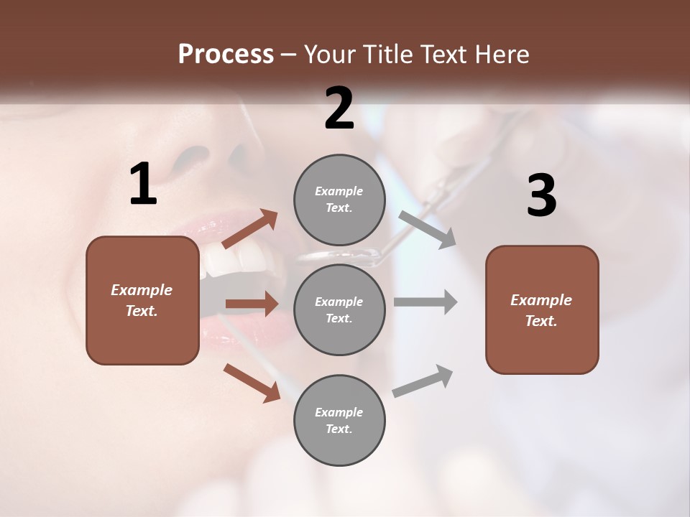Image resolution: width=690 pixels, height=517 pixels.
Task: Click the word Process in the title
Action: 226,54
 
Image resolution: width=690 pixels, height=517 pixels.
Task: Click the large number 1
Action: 143,185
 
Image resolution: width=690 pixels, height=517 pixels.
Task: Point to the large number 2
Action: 339,108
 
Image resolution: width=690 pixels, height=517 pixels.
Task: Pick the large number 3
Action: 541,196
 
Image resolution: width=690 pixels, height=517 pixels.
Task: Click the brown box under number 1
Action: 142,300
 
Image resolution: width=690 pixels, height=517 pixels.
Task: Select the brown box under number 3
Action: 542,309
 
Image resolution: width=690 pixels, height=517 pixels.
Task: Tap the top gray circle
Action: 339,200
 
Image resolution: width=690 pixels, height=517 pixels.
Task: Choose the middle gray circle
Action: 339,309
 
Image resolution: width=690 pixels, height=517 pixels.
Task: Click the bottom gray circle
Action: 339,420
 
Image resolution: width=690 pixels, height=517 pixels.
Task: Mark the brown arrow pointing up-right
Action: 249,229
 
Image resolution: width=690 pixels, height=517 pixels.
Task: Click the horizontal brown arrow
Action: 252,304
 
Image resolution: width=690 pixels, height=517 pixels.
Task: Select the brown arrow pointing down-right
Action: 252,382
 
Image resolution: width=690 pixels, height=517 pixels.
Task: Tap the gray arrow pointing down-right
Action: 428,229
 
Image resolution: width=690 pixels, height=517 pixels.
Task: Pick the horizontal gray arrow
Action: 425,302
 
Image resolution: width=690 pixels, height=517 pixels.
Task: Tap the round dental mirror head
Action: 338,254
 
